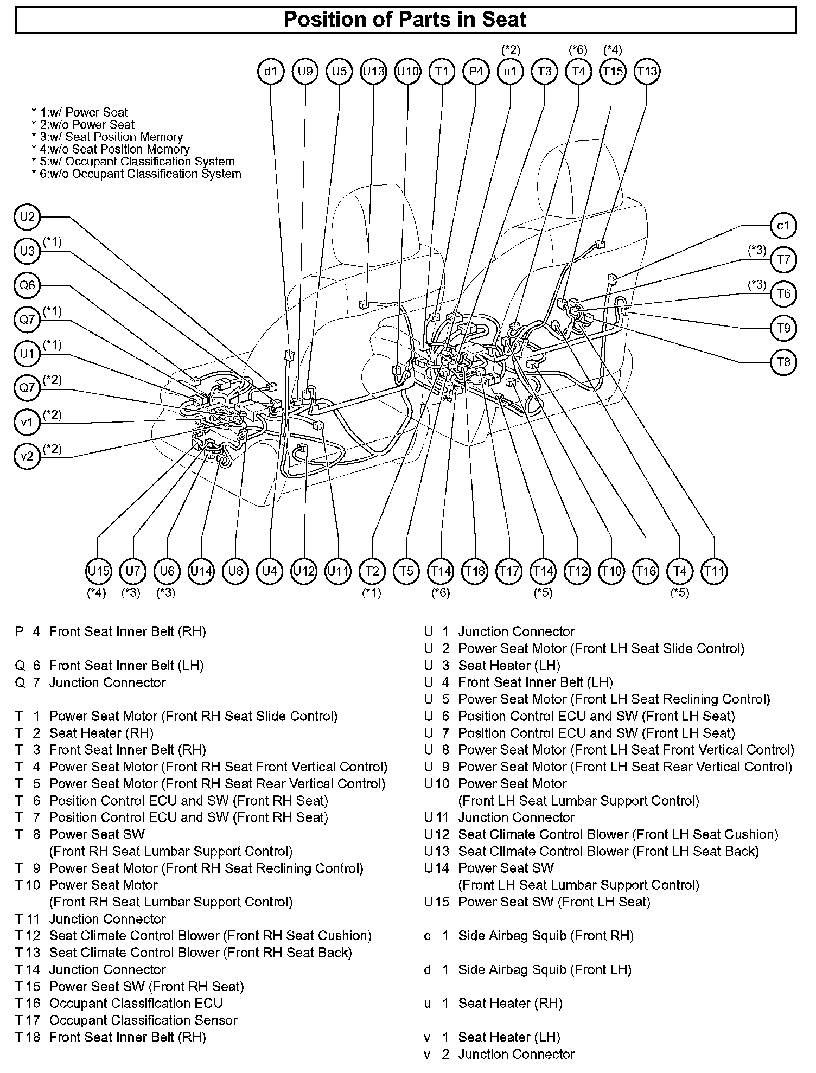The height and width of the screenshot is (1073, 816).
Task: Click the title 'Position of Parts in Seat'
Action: coord(405,20)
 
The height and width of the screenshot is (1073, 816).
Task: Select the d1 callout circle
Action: coord(271,72)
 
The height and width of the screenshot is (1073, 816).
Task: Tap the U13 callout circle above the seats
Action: coord(373,72)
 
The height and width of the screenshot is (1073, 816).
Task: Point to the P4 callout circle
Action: coord(476,72)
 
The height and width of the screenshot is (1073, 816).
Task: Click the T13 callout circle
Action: coord(647,72)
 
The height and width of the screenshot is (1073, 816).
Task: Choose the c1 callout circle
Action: coord(783,226)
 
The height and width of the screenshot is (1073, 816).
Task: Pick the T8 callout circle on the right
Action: coord(783,362)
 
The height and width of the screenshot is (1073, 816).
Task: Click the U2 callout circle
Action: coord(27,218)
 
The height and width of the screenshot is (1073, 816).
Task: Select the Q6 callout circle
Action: coord(27,286)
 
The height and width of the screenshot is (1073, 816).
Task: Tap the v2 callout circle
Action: coord(27,456)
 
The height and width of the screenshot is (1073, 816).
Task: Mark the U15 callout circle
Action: coord(99,571)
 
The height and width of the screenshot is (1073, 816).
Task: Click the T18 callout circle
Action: coord(475,571)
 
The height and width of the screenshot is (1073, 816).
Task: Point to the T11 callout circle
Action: coord(714,571)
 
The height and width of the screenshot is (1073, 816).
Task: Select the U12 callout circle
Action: coord(304,571)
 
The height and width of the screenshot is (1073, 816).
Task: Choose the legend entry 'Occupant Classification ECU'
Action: coord(136,1004)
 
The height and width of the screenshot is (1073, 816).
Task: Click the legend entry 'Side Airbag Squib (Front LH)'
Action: coord(545,970)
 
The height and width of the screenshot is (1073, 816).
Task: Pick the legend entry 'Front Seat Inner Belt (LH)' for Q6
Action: coord(126,666)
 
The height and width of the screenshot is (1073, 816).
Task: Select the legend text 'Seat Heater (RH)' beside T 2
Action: coord(101,733)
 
